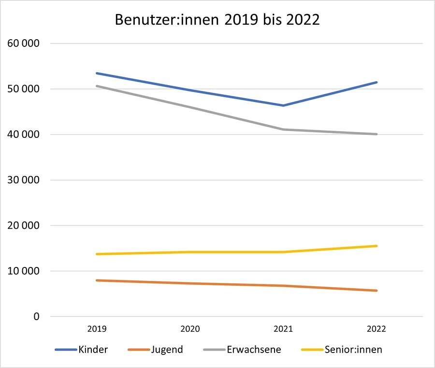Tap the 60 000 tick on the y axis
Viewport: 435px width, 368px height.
coord(24,44)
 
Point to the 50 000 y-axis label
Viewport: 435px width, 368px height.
coord(24,89)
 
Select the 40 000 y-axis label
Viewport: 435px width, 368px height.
coord(24,134)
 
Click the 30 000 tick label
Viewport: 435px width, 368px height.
coord(24,180)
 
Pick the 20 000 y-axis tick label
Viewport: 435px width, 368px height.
coord(24,226)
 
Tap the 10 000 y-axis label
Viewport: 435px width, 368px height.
coord(24,271)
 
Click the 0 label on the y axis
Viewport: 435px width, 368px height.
coord(36,317)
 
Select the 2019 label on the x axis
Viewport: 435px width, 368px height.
coord(97,329)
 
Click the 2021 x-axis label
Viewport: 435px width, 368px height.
coord(283,329)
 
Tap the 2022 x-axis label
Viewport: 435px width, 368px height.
coord(377,329)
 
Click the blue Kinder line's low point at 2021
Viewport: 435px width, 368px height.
coord(283,105)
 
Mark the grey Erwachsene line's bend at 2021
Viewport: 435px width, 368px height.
coord(283,129)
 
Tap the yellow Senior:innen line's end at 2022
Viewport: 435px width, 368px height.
coord(377,246)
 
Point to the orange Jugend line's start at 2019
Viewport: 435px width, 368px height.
coord(97,280)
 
